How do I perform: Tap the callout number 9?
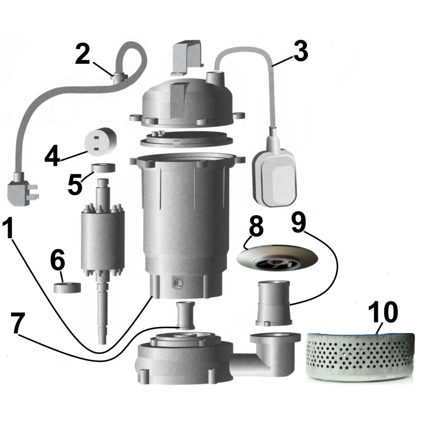pos(298,224)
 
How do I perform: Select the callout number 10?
pos(383,313)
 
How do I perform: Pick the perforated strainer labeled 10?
pos(359,353)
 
